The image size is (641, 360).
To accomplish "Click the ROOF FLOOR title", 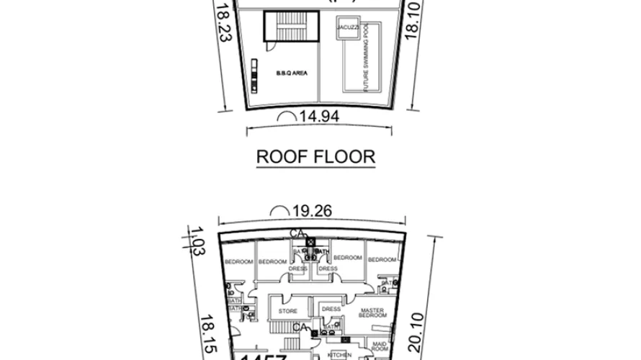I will click(316, 156).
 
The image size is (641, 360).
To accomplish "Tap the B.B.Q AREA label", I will click(288, 73).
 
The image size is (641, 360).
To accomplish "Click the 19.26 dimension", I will click(313, 212).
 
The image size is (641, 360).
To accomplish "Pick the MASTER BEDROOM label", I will click(374, 314).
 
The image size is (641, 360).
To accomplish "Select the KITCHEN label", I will click(339, 355).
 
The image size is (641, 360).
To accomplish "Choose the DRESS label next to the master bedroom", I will click(331, 309).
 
